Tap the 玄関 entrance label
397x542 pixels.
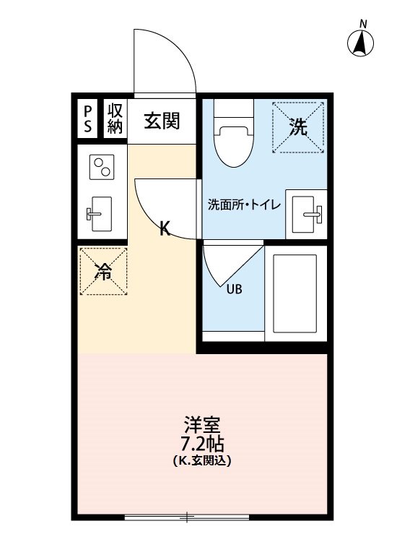pos(161,121)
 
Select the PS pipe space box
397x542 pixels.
pos(88,120)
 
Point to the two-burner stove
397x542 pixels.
pos(101,168)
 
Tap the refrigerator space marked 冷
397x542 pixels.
pos(103,272)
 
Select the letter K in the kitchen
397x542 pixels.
pos(165,229)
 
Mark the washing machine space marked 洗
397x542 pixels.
pos(297,128)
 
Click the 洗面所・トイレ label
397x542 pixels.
pos(244,205)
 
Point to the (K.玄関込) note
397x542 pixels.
pos(201,460)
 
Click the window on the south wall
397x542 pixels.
pos(187,517)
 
